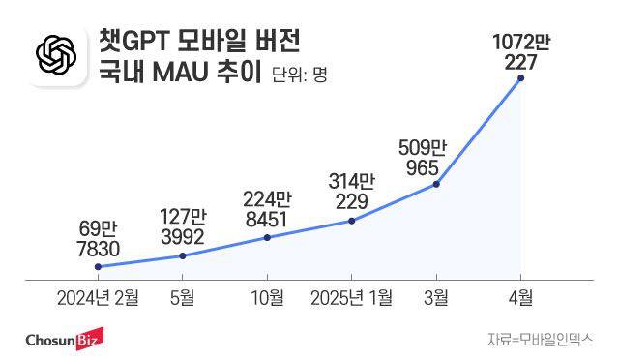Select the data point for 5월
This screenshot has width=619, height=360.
(183, 255)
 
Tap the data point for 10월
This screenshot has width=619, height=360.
(267, 237)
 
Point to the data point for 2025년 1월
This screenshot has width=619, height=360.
(351, 221)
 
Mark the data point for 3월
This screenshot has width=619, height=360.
(437, 184)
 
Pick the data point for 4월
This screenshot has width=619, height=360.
(521, 78)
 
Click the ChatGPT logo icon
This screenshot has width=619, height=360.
(55, 59)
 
